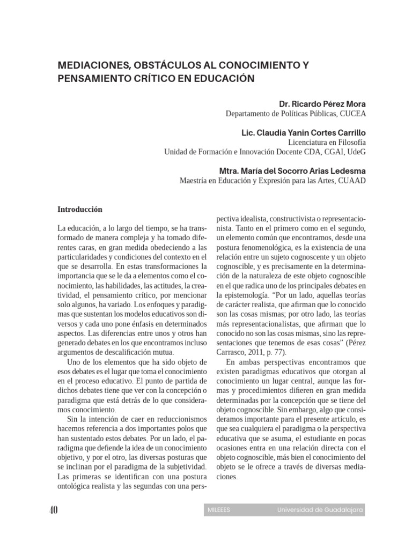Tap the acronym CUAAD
(352, 181)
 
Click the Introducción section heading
(79, 209)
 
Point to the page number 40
(53, 509)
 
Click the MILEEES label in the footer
(218, 510)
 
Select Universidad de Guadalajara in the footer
(320, 510)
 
